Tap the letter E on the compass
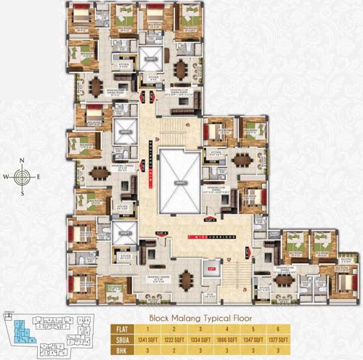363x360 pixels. [39, 176]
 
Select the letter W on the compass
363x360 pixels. [7, 176]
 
